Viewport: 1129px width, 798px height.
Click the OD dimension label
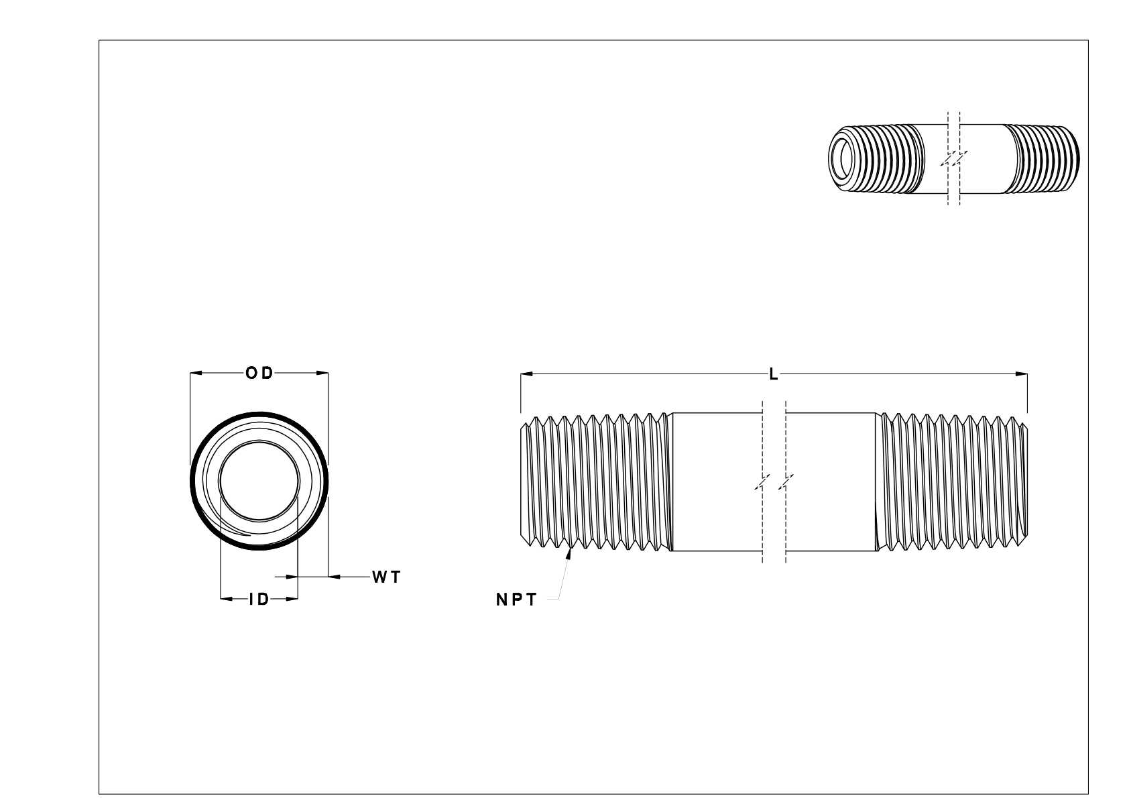[x=259, y=373]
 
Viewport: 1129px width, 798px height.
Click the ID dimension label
[x=259, y=600]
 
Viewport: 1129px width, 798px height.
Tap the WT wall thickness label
[x=386, y=577]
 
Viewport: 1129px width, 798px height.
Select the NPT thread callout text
[x=516, y=601]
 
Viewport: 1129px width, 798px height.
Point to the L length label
[x=773, y=374]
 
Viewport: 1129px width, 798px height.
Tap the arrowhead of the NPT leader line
[x=571, y=553]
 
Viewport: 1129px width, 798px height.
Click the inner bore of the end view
[x=259, y=481]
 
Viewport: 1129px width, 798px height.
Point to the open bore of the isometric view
[x=843, y=158]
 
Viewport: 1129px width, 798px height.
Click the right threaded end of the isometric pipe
[x=1043, y=159]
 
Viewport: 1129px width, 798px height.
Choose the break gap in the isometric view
[x=954, y=159]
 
